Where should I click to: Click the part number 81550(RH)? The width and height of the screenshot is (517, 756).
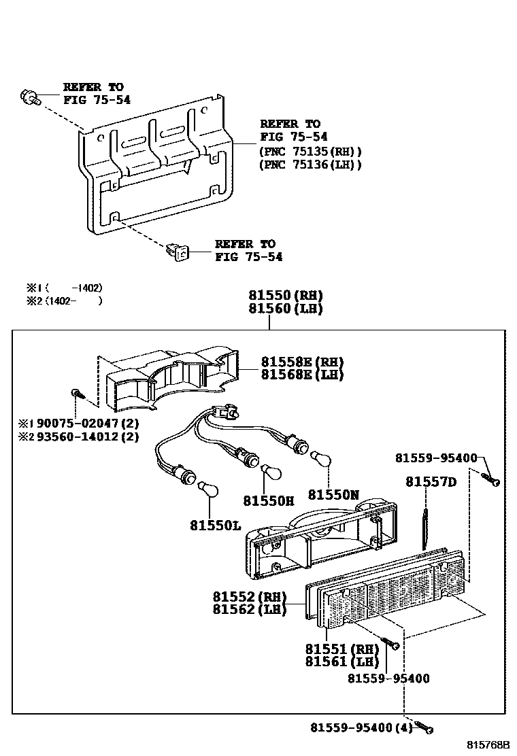click(285, 296)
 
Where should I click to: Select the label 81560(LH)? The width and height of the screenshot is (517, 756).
click(285, 309)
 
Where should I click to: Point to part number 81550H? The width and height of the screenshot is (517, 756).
click(269, 501)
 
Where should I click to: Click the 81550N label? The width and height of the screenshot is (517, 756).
click(333, 495)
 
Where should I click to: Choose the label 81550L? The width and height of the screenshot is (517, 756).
click(216, 526)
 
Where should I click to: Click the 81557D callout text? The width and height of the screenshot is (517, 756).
click(431, 482)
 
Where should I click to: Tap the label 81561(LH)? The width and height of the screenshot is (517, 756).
click(341, 661)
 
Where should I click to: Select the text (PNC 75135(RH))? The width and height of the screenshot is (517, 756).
click(311, 152)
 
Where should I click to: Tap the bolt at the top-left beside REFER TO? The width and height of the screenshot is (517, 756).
click(29, 97)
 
